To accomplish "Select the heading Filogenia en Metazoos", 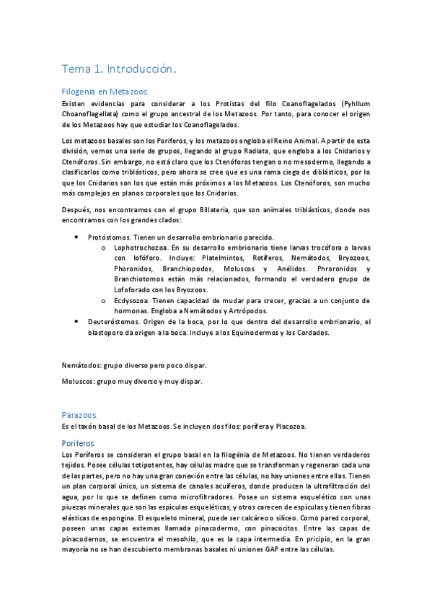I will point(105,92).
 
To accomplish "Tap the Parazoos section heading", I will point(80,415).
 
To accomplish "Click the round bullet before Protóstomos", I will point(78,237).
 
